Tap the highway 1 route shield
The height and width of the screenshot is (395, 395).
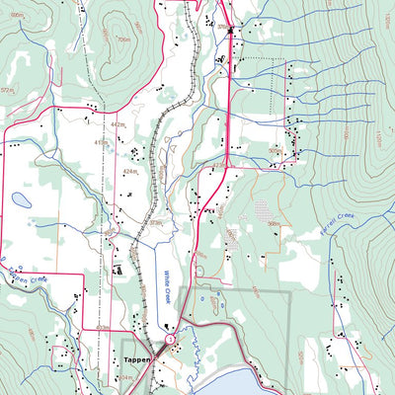(x=170, y=340)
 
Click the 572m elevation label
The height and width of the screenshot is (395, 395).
(x=7, y=90)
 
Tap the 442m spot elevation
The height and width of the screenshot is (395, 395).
(x=118, y=124)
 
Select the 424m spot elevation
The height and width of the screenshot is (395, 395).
(x=129, y=171)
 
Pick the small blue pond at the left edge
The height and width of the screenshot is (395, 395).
(x=21, y=199)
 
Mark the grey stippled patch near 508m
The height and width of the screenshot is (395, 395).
(x=263, y=210)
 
